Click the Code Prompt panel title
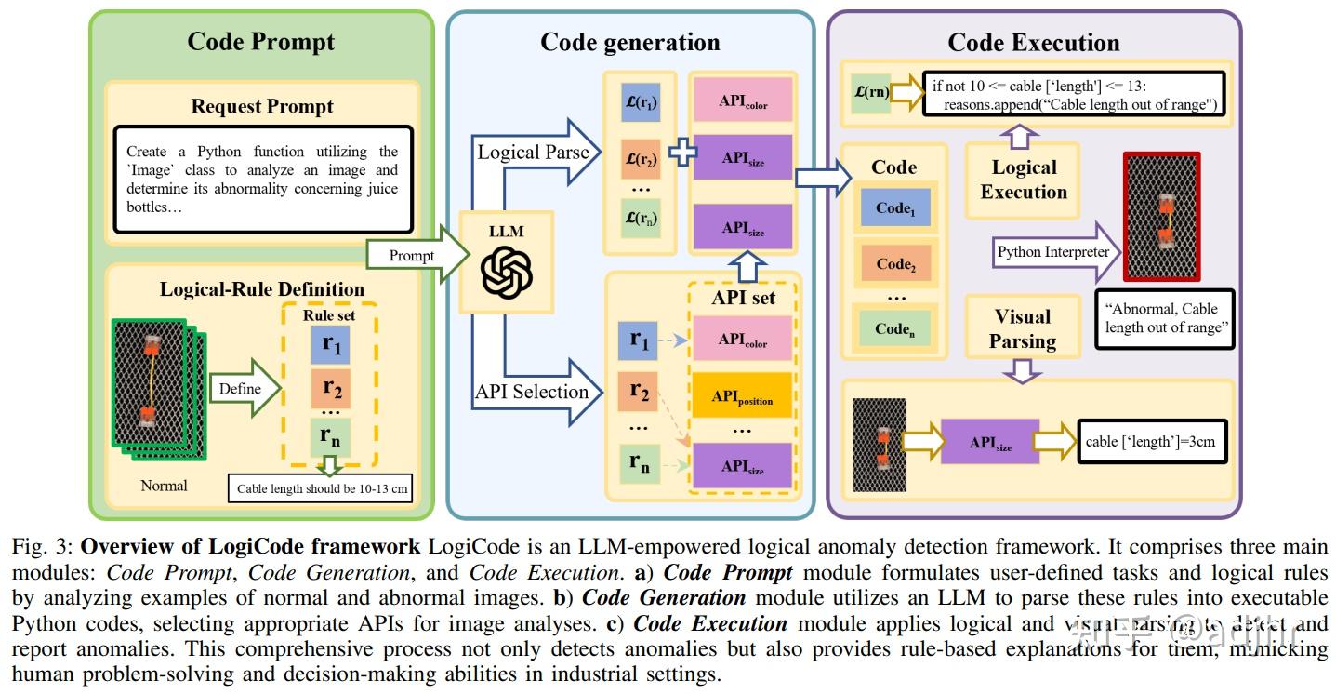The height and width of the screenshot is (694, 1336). pos(261,42)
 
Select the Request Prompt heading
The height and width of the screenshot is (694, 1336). pos(262,106)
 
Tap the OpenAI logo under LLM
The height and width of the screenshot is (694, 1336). pos(506,271)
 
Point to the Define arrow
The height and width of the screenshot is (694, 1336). pos(245,388)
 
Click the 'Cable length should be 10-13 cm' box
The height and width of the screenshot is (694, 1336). pos(320,488)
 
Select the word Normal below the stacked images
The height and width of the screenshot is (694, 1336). pos(164,486)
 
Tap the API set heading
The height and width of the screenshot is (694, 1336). pos(743,299)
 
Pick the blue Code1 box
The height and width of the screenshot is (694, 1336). pos(894,208)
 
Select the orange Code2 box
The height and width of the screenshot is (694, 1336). pos(894,263)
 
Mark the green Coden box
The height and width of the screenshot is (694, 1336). pos(894,327)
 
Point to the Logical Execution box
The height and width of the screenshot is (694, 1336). pos(1023,180)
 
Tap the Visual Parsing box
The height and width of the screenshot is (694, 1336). pos(1022,329)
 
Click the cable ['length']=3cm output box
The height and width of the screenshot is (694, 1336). pos(1150,442)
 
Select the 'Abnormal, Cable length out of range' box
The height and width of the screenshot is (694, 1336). pos(1165,318)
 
